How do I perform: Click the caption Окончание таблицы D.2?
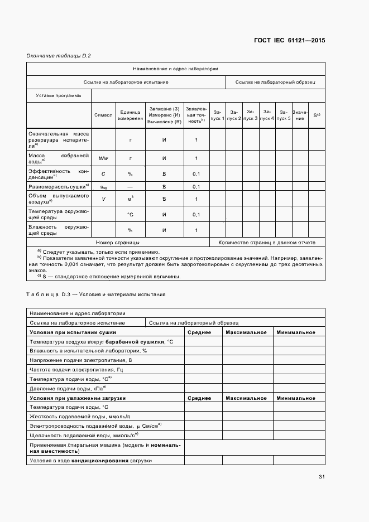(59, 55)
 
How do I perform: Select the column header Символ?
(103, 115)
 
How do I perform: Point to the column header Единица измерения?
(130, 115)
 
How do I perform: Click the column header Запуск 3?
(250, 115)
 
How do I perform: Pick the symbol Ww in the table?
(103, 158)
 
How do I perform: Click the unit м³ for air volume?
(130, 199)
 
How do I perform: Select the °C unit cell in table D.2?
(130, 215)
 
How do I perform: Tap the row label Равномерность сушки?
(59, 186)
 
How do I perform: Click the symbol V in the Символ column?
(103, 199)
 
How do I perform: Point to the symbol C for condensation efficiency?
(103, 174)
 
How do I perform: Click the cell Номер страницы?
(117, 243)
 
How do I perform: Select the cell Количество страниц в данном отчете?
(267, 243)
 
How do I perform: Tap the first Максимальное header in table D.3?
(246, 332)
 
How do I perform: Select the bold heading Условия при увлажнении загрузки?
(78, 398)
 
